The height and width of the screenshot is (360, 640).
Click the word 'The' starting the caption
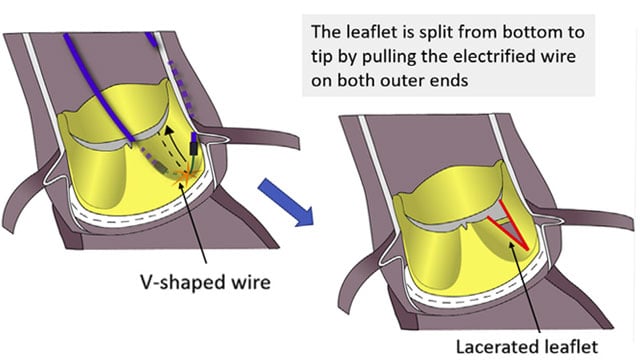coord(333,31)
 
